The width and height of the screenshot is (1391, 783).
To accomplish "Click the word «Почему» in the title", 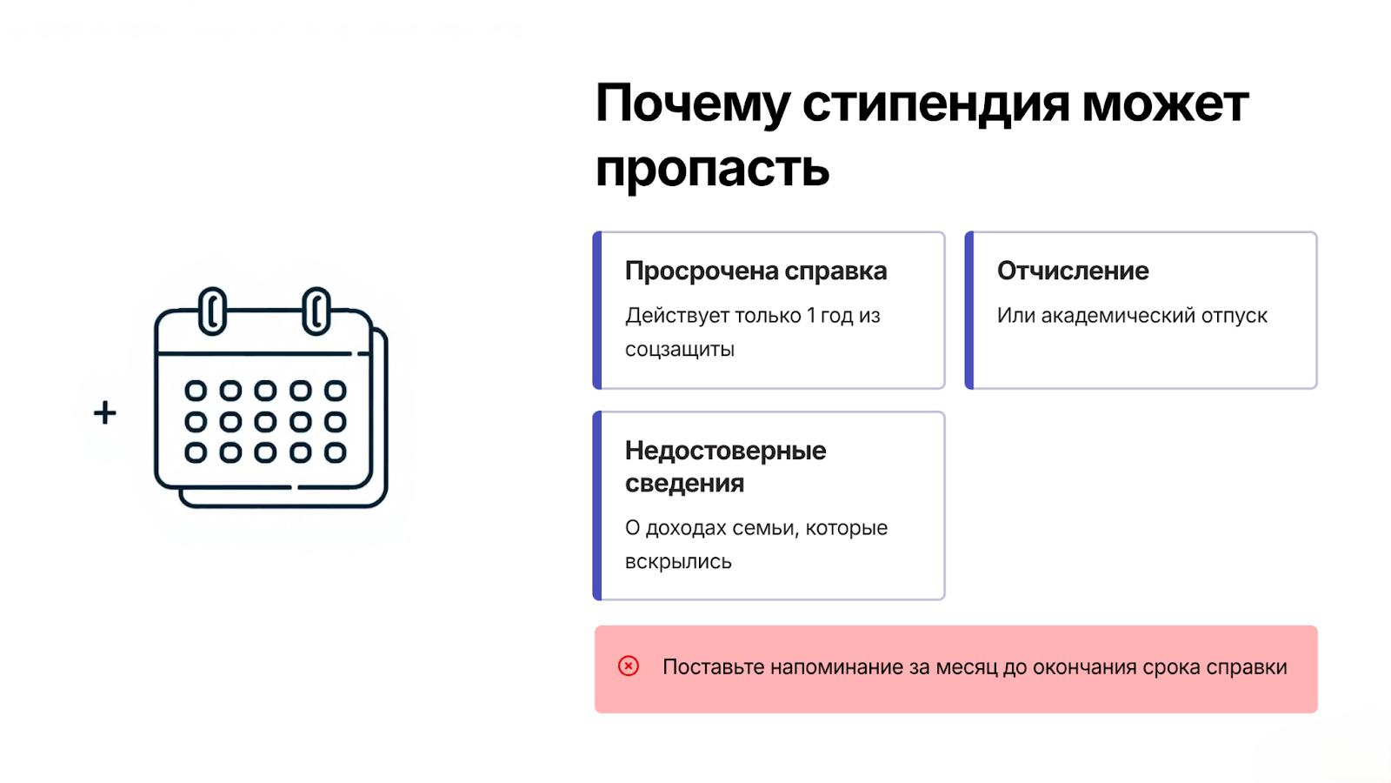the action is (x=692, y=104).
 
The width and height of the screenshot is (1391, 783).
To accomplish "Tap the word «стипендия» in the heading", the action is (x=936, y=104).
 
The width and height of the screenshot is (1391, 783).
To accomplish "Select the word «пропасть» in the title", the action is (x=712, y=169).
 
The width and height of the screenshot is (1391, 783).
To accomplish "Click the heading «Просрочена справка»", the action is (x=755, y=271).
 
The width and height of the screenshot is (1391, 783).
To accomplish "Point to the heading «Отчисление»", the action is (x=1073, y=271).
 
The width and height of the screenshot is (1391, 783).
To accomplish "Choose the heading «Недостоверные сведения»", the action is (x=725, y=466).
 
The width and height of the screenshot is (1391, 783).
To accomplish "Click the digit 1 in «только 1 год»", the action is (x=811, y=316).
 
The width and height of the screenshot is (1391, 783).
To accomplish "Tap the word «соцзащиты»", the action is (x=679, y=350).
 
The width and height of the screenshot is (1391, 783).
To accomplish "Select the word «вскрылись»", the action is (x=678, y=562).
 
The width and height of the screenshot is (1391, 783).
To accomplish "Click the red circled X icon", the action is (x=629, y=666).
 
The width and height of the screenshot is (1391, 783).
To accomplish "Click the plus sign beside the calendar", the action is (x=105, y=412).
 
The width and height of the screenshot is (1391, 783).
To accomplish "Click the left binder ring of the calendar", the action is (x=212, y=311).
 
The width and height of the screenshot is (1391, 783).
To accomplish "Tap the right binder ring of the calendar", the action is (x=316, y=311).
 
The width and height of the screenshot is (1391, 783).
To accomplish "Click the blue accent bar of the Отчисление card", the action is (x=969, y=310).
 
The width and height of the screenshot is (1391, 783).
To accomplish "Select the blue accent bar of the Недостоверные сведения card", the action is (x=597, y=505).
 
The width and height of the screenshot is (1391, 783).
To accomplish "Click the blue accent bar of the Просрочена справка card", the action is (x=597, y=310).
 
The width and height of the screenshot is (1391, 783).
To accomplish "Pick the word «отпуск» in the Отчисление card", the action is (x=1234, y=317).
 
